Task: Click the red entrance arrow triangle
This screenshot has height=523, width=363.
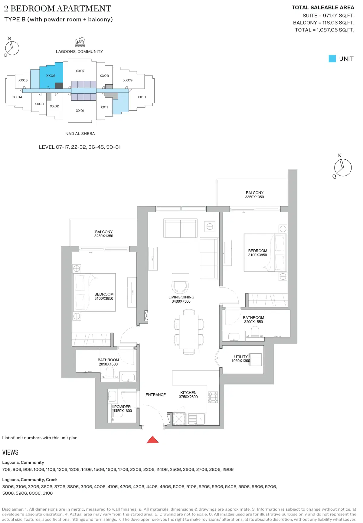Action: [x=152, y=440]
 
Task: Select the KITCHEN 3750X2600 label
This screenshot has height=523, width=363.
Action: [x=188, y=395]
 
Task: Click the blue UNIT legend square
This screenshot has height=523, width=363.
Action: [x=332, y=59]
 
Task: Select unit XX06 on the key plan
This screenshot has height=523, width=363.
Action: [x=51, y=76]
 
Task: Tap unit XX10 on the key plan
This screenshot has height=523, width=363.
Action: [x=142, y=97]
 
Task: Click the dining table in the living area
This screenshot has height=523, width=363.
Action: [x=189, y=332]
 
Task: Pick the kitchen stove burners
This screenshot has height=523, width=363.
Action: [x=213, y=397]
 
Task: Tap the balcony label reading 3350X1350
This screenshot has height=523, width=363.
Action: [x=254, y=195]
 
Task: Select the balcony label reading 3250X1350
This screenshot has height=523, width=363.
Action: [x=104, y=234]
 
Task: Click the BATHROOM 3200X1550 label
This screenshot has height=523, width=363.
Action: [x=253, y=320]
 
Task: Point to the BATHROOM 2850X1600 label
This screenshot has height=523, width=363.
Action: [x=108, y=362]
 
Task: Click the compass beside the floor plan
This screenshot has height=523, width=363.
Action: [x=342, y=167]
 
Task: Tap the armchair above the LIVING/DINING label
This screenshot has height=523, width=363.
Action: [x=180, y=287]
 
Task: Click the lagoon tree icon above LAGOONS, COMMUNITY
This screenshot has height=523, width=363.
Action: [x=80, y=42]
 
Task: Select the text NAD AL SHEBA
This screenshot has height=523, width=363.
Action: [x=80, y=134]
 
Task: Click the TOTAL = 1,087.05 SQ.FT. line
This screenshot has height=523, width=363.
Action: [x=324, y=30]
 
